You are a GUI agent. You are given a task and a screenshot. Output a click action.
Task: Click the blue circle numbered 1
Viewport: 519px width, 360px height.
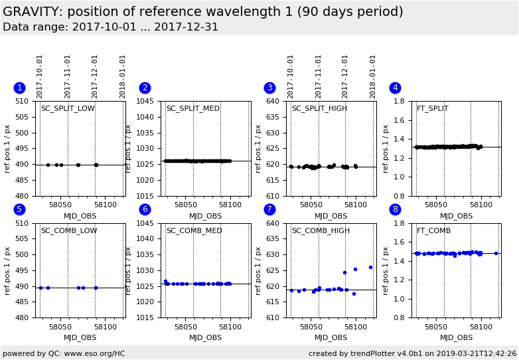pos(19,88)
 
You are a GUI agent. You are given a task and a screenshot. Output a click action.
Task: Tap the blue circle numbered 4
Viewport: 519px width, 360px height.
pos(396,88)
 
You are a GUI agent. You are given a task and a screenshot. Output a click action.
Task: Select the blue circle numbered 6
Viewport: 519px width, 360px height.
pos(145,210)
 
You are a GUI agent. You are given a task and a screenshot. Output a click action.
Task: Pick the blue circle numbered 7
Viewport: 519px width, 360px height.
pos(270,210)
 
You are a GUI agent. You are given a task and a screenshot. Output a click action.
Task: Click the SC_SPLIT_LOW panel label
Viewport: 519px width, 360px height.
pos(68,109)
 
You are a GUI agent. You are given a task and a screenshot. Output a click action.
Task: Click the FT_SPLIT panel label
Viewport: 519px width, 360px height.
pos(432,109)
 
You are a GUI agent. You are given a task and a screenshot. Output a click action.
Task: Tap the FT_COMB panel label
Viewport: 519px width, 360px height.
pos(433,231)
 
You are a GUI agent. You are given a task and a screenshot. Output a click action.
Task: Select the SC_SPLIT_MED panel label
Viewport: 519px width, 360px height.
pos(193,109)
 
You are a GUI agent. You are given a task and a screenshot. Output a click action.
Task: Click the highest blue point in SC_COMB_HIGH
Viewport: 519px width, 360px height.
pos(370,267)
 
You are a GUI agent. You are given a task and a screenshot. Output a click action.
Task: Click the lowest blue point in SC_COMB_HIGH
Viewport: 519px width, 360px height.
pos(354,294)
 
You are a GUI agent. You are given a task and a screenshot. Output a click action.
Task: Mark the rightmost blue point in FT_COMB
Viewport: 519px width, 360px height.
pos(496,253)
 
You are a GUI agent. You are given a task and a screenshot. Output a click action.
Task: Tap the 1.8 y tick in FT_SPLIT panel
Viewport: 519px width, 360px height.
pos(400,102)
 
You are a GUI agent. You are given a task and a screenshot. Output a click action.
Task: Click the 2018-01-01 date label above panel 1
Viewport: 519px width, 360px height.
pos(123,76)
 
